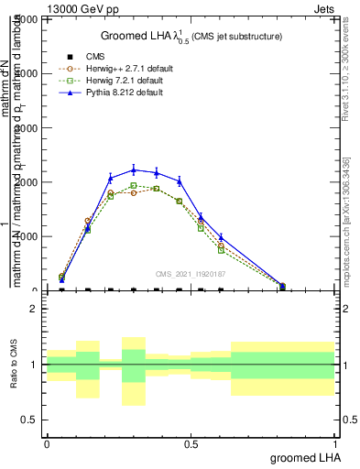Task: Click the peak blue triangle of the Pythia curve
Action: pos(134,169)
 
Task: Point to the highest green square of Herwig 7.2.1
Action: pos(134,186)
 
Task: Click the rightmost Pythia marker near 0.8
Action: pos(282,286)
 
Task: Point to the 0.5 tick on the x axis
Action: pos(191,443)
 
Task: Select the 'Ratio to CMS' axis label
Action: pos(13,365)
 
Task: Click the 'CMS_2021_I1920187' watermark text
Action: pos(191,273)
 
